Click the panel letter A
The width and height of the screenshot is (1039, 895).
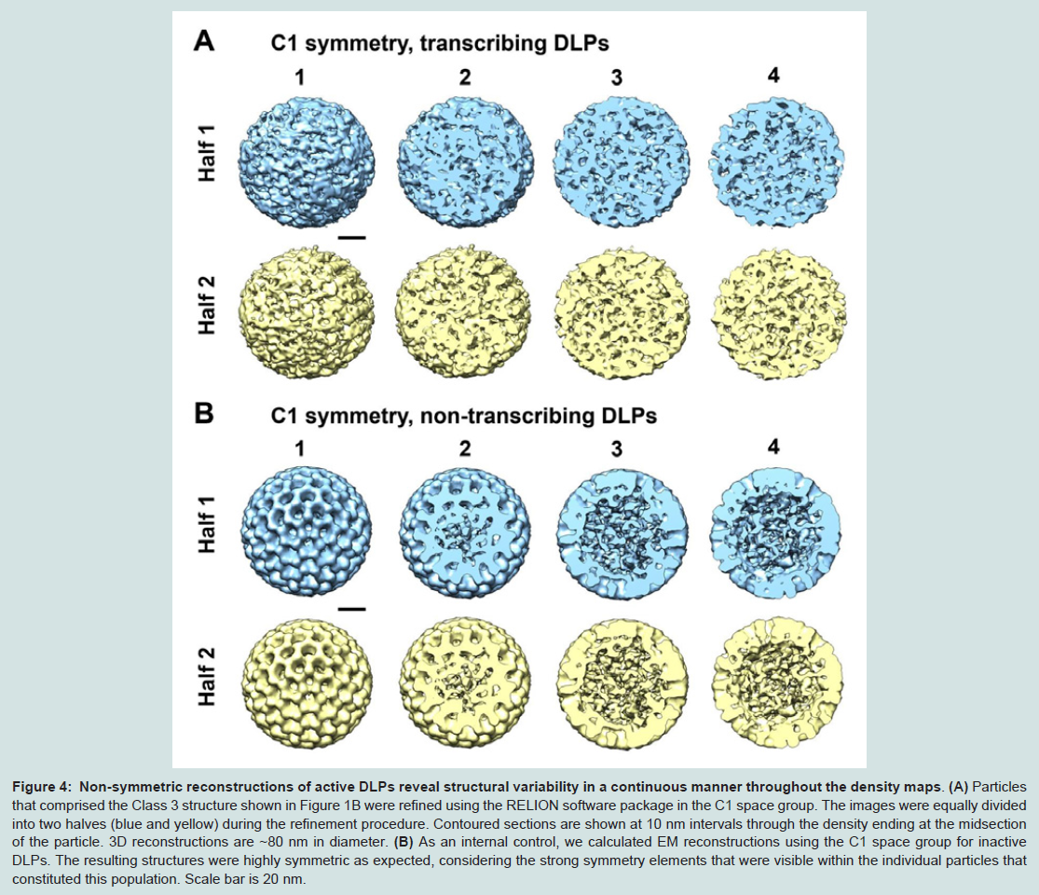tap(204, 40)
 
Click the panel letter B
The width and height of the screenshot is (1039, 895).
tap(204, 413)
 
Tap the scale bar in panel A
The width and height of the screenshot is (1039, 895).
tap(356, 237)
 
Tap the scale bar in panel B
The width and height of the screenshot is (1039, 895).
tap(356, 609)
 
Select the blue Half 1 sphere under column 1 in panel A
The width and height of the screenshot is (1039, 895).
tap(307, 163)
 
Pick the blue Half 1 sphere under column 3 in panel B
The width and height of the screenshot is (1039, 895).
tap(622, 533)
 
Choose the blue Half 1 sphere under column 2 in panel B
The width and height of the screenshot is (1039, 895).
tap(464, 533)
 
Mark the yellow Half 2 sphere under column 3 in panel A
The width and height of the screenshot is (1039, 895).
tap(622, 314)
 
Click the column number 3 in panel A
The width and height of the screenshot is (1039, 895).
tap(616, 77)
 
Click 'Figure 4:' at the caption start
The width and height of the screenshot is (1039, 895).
tap(41, 787)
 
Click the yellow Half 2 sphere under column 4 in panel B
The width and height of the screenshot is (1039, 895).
tap(778, 682)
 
